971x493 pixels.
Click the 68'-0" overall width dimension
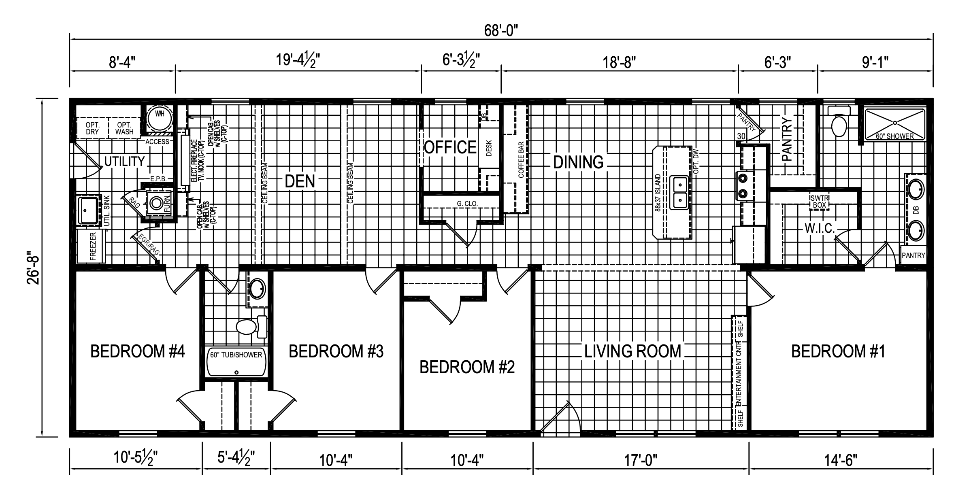click(x=501, y=30)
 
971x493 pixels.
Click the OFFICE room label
click(x=450, y=147)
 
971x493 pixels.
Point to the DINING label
click(x=578, y=162)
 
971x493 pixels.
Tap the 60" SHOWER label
click(x=895, y=136)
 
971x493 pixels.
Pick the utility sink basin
click(x=89, y=210)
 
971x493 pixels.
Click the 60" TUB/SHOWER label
click(x=236, y=355)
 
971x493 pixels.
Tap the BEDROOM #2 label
click(x=467, y=368)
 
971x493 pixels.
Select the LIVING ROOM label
click(x=632, y=351)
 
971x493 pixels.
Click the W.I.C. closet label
click(x=820, y=228)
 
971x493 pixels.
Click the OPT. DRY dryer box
click(x=92, y=128)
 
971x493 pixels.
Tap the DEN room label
click(x=300, y=181)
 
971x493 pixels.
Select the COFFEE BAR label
click(x=521, y=160)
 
